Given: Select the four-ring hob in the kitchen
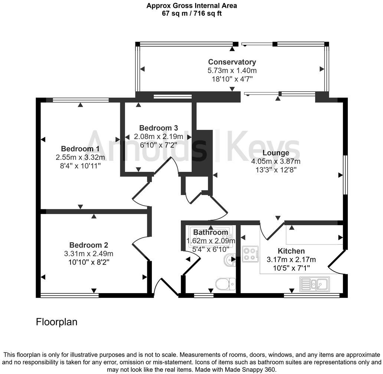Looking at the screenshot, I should pyautogui.click(x=250, y=254).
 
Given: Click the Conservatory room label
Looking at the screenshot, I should pyautogui.click(x=232, y=62).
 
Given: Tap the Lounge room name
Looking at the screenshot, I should pyautogui.click(x=276, y=153).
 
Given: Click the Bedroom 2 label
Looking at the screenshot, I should pyautogui.click(x=89, y=245).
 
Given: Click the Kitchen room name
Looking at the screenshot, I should pyautogui.click(x=291, y=251).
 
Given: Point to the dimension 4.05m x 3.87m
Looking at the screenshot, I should pyautogui.click(x=276, y=161).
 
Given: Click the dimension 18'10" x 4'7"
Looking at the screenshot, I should pyautogui.click(x=232, y=79).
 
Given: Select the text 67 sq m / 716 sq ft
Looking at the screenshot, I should pyautogui.click(x=192, y=13).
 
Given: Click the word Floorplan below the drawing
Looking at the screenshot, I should pyautogui.click(x=56, y=322).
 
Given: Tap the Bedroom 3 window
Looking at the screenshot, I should pyautogui.click(x=173, y=97).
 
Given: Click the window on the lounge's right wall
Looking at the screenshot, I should pyautogui.click(x=345, y=174).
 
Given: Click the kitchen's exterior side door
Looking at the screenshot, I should pyautogui.click(x=337, y=259).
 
